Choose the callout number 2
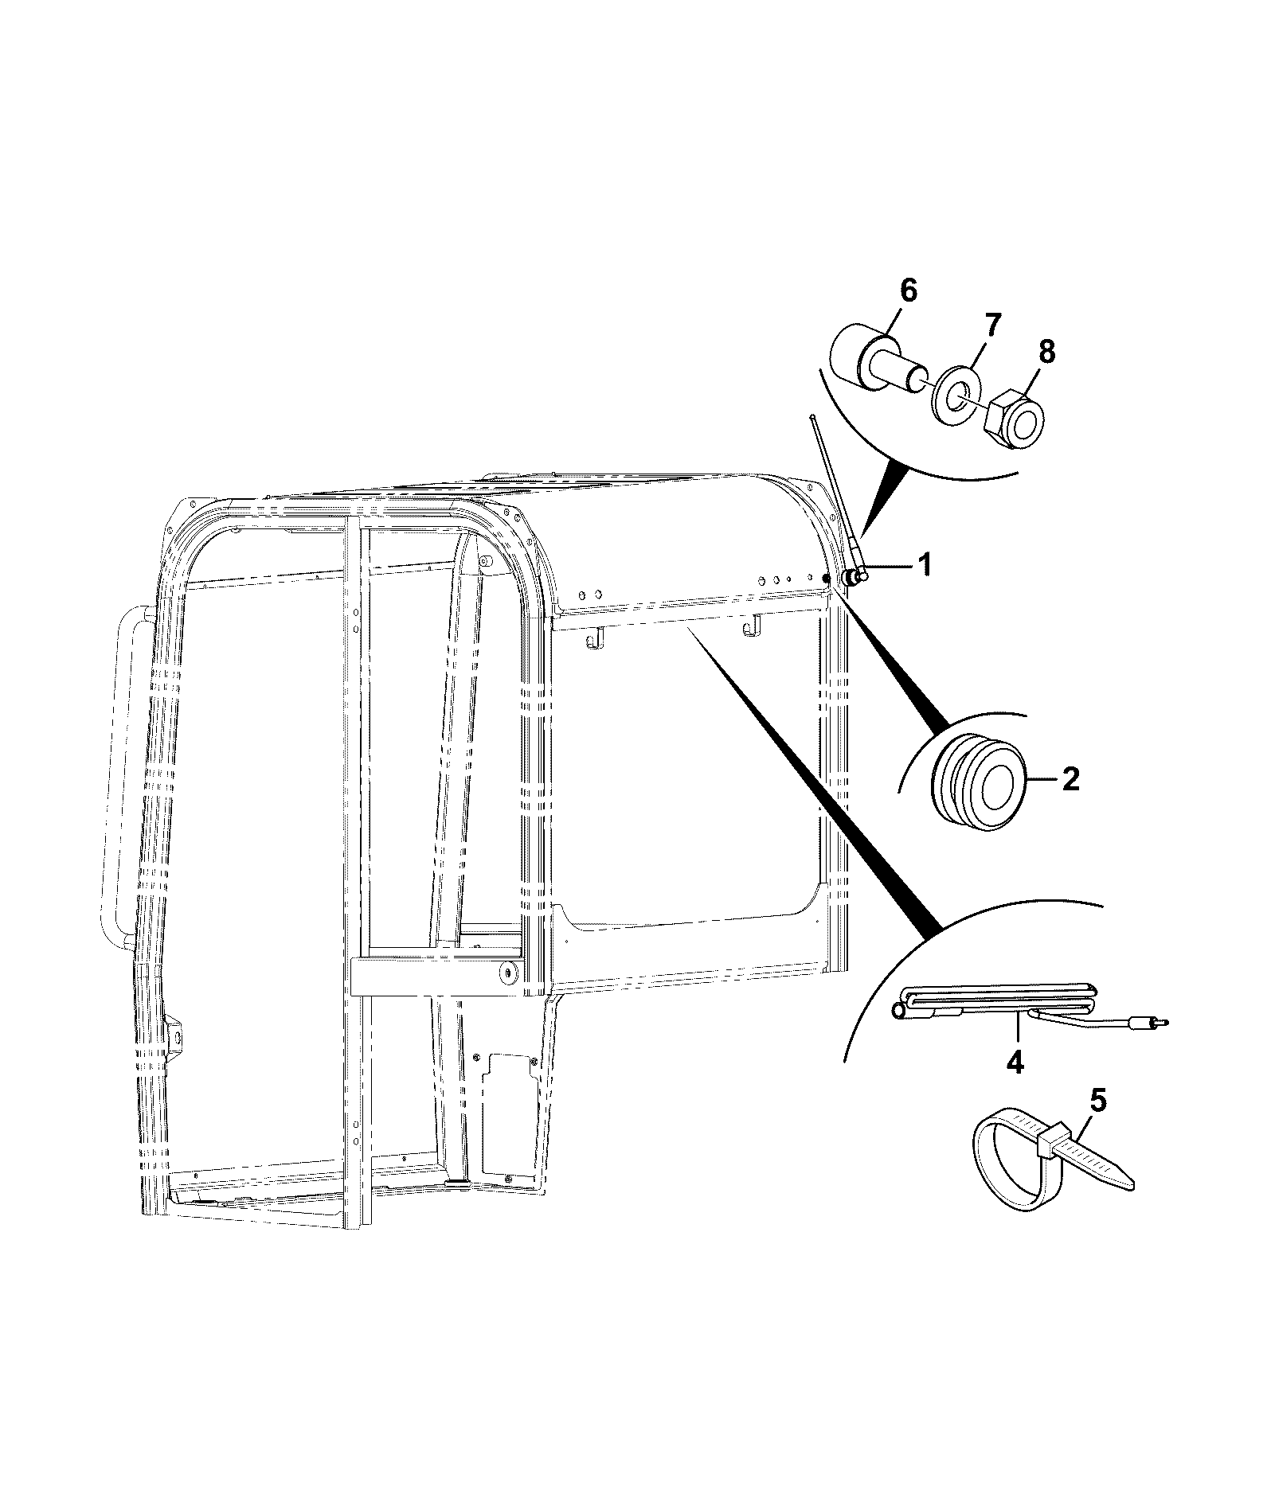pyautogui.click(x=1070, y=779)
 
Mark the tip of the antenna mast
pyautogui.click(x=811, y=415)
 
